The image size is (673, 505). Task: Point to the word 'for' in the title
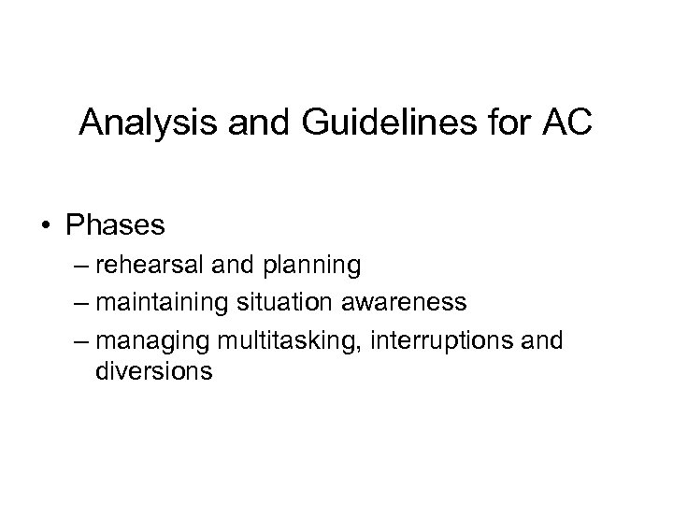tap(490, 123)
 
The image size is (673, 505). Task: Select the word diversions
tap(153, 372)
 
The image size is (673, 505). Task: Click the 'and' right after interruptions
tap(544, 339)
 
